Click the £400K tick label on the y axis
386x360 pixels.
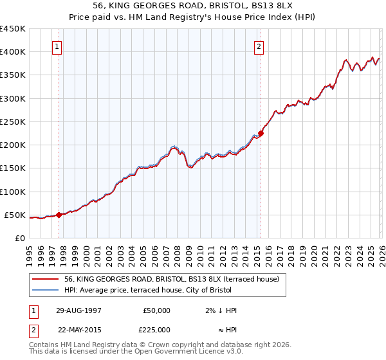[13, 52]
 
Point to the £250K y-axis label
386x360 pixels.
[13, 122]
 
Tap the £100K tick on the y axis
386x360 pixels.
[13, 192]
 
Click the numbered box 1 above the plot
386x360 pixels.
[57, 46]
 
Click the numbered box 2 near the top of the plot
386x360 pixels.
[259, 46]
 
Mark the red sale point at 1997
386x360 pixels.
[59, 215]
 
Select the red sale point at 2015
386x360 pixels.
[261, 134]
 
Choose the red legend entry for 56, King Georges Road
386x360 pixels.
[171, 279]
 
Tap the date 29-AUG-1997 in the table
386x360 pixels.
[79, 310]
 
